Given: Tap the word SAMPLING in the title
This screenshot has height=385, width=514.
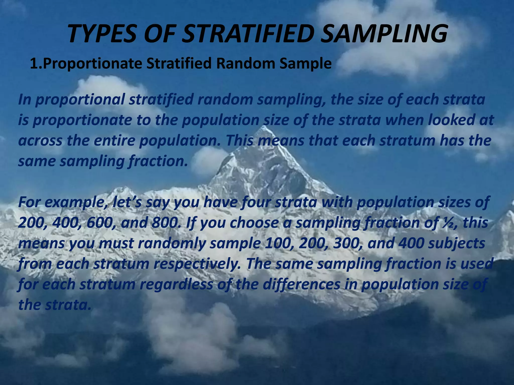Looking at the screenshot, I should point(384,34).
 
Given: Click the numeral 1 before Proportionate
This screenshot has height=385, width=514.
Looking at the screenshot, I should point(34,64).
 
